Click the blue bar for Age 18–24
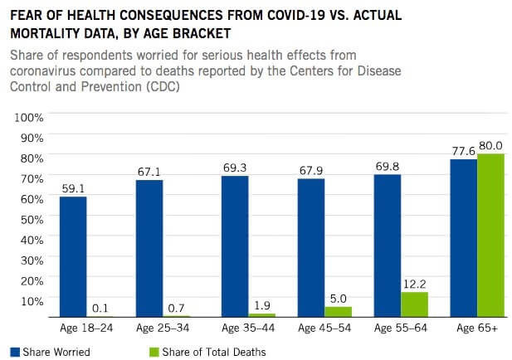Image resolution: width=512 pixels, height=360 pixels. (73, 256)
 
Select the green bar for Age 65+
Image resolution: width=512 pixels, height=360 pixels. (490, 235)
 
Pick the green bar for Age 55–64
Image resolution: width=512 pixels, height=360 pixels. (414, 304)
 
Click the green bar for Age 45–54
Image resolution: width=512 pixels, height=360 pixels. (338, 312)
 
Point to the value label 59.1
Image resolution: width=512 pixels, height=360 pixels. (73, 188)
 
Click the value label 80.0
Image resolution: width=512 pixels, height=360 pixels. (491, 145)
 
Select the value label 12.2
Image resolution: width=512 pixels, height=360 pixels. (415, 284)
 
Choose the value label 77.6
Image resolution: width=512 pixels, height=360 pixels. (463, 150)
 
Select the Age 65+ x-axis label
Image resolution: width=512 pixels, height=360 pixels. (476, 328)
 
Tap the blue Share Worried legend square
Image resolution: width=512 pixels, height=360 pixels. (14, 352)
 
